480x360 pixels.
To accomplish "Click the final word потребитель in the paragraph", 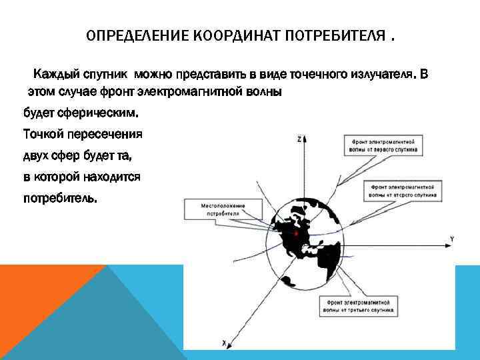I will click(59, 199).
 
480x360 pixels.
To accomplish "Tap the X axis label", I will click(225, 343).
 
